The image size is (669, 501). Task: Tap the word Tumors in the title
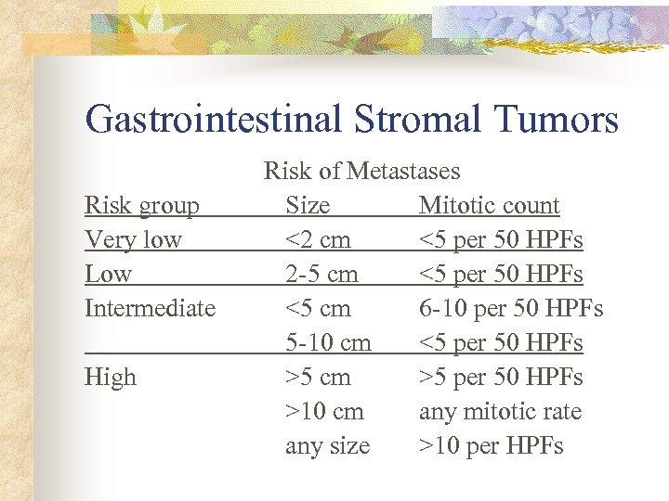(554, 120)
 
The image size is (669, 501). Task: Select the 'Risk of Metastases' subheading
(361, 171)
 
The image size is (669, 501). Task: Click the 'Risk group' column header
(141, 205)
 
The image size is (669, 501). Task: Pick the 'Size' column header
(308, 205)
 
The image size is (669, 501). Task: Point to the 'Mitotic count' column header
(489, 205)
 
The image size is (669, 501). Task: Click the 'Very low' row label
(133, 239)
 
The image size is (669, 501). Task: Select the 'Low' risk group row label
(108, 274)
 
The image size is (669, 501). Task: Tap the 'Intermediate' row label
(150, 308)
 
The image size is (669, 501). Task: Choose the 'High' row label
(110, 377)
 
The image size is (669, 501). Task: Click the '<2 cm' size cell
(318, 239)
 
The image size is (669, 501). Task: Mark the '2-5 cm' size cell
(321, 274)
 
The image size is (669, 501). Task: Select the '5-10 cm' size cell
(328, 342)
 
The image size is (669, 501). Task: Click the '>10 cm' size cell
(324, 411)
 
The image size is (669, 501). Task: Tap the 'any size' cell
(327, 446)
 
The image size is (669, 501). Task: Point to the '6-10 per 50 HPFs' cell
(511, 308)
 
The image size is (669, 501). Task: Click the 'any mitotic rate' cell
(500, 411)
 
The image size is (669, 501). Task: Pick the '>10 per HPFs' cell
(491, 446)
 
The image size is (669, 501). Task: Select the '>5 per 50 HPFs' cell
(501, 377)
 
